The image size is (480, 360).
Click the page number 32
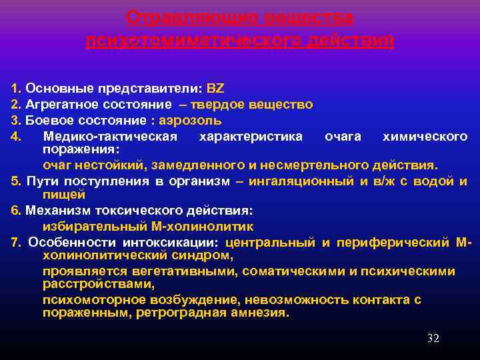(x=433, y=339)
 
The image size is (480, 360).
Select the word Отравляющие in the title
(x=171, y=17)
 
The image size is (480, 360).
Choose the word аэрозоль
(x=193, y=121)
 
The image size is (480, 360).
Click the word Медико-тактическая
(x=110, y=137)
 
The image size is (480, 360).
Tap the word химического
(x=425, y=137)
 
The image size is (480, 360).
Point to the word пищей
(x=64, y=194)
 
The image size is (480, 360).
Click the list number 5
(x=15, y=181)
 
